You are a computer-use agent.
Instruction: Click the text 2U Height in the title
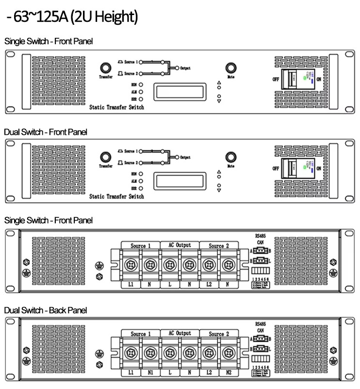pyautogui.click(x=104, y=18)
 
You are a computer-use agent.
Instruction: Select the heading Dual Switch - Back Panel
pyautogui.click(x=46, y=310)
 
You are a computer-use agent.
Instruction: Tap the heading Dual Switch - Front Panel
pyautogui.click(x=46, y=132)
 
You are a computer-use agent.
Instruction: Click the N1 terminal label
pyautogui.click(x=149, y=373)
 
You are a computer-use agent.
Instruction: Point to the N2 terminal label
pyautogui.click(x=229, y=373)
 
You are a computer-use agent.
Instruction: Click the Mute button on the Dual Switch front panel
pyautogui.click(x=231, y=157)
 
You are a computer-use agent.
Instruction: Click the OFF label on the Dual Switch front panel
pyautogui.click(x=276, y=168)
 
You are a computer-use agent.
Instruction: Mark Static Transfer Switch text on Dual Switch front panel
pyautogui.click(x=116, y=196)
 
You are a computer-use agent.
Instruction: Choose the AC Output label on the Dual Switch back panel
pyautogui.click(x=179, y=334)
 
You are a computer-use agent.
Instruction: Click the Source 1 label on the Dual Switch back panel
pyautogui.click(x=139, y=334)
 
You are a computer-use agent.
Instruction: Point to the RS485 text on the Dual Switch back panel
pyautogui.click(x=261, y=322)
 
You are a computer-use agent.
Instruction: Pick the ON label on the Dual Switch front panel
pyautogui.click(x=319, y=168)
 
